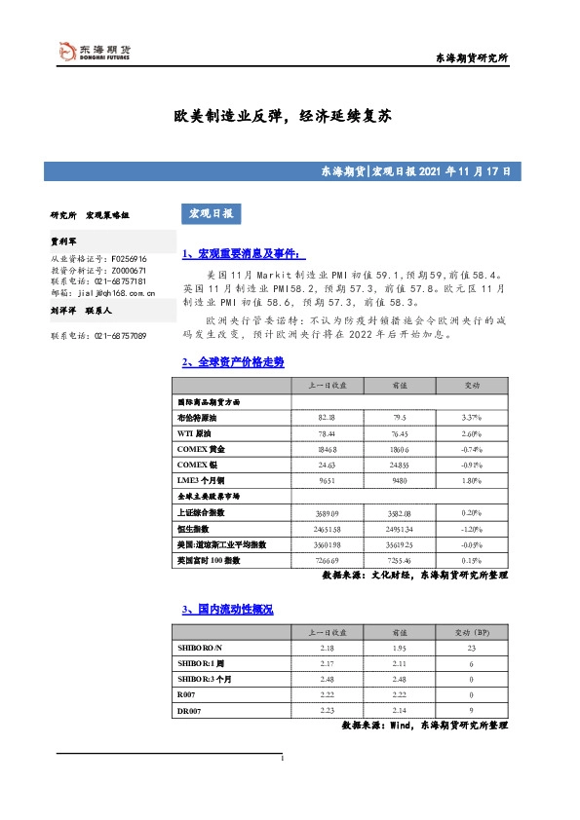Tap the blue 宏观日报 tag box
(210, 213)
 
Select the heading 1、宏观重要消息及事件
(244, 254)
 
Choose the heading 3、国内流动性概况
(227, 609)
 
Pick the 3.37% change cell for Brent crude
(471, 417)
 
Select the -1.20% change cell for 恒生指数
(471, 527)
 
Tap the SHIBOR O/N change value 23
(471, 649)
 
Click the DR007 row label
(188, 711)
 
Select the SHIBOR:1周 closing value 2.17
(327, 664)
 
